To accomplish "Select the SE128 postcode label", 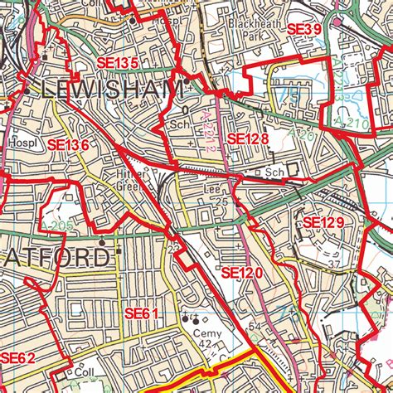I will coord(247,139).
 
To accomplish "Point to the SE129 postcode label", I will coord(323,222).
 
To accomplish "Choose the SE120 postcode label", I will coord(240,272).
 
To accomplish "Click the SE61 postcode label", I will coord(141,313).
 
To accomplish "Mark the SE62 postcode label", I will coord(17,358).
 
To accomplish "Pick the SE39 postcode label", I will coord(303,30).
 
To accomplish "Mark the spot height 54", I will coord(255,330).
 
